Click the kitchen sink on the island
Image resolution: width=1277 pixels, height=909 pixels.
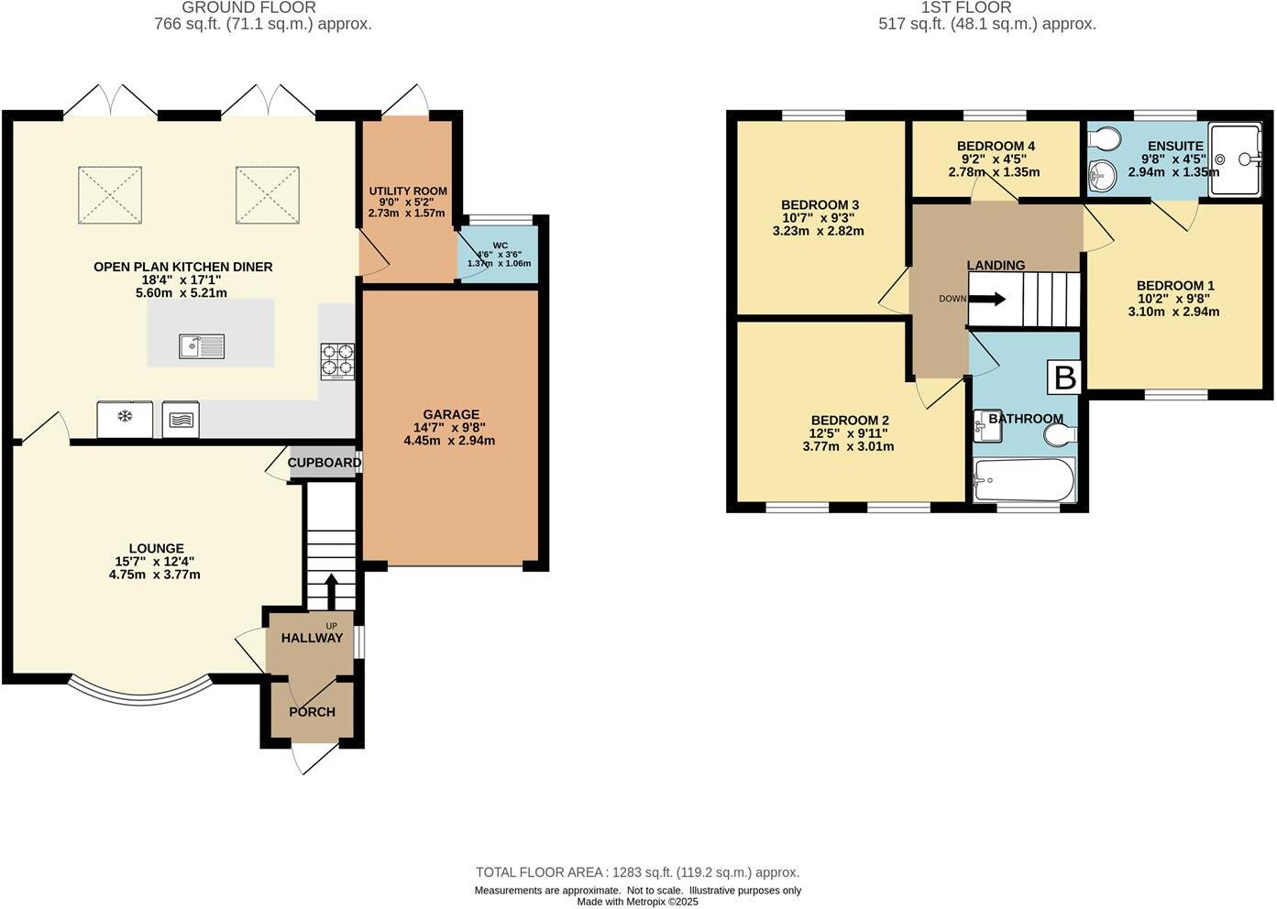202,346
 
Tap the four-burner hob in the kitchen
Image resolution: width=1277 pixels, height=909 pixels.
336,361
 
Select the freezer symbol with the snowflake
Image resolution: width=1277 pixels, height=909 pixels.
125,420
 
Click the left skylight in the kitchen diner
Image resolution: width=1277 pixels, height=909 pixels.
110,194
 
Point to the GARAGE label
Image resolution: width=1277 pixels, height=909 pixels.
450,414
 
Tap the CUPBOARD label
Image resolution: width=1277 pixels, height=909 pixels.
325,463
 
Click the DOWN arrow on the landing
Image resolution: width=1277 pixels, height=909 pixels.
987,299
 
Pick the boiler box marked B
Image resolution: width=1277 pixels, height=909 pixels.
1064,378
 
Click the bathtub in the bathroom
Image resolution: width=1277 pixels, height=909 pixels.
1024,479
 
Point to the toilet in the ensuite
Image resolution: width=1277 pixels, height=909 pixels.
1105,139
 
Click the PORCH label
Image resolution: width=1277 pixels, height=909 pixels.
312,712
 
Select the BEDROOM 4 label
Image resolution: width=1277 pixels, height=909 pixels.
995,146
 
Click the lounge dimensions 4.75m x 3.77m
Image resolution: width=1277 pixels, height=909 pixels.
154,575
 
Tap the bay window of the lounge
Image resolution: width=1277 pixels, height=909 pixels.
139,695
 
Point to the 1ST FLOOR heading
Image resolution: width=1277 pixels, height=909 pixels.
966,7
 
